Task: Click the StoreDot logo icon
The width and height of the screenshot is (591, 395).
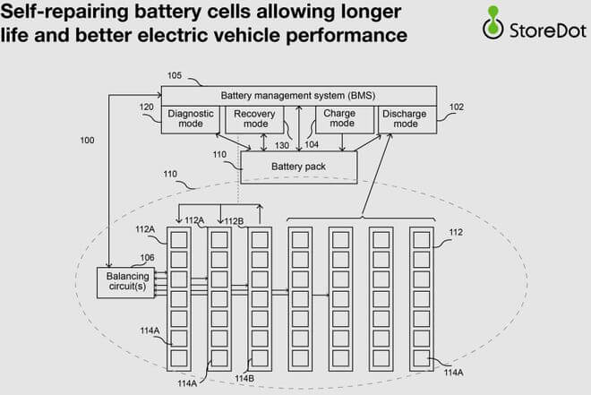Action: click(x=491, y=24)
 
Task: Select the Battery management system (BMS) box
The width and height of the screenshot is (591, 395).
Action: click(x=298, y=96)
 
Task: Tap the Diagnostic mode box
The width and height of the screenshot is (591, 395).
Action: click(x=190, y=119)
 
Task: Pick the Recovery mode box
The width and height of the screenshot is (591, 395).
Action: click(x=253, y=119)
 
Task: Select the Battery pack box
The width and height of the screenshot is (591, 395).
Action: click(x=298, y=167)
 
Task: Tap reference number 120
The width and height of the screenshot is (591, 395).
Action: click(x=149, y=107)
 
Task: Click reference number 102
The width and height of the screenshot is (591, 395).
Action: click(x=456, y=107)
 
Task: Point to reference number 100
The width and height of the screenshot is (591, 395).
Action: click(x=87, y=141)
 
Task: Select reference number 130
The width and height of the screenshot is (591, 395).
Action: click(x=282, y=145)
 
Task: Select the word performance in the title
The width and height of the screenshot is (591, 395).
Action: click(x=341, y=38)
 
